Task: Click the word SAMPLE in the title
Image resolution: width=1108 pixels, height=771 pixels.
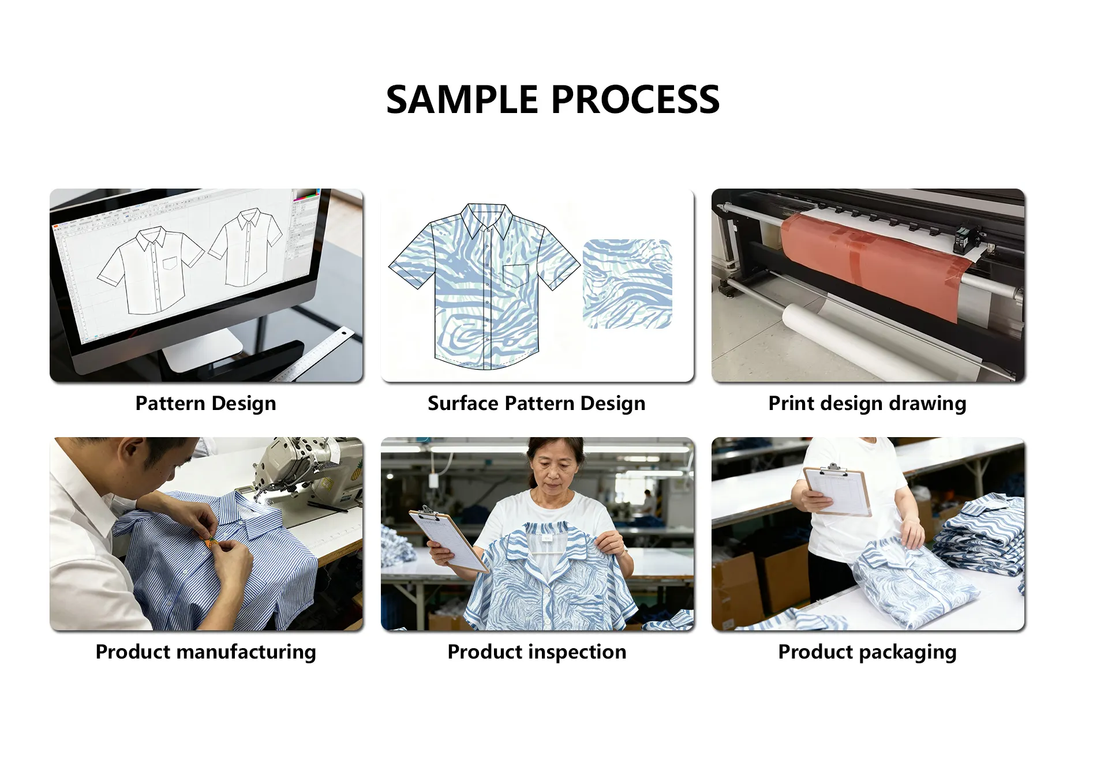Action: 462,99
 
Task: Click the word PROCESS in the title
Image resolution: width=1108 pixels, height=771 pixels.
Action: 635,99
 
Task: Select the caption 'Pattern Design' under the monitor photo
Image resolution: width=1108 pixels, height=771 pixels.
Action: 206,404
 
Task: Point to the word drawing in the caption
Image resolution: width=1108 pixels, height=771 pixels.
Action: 927,404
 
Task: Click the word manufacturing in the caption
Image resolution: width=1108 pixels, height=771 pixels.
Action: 246,652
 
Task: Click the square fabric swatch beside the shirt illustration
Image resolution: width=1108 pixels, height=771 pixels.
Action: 627,284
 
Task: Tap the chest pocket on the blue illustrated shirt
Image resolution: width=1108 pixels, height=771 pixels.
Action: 516,275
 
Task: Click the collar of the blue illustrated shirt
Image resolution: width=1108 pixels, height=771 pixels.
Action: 486,219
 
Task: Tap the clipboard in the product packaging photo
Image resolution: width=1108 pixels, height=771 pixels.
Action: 837,490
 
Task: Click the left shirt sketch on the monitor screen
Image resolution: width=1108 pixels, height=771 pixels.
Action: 151,270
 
